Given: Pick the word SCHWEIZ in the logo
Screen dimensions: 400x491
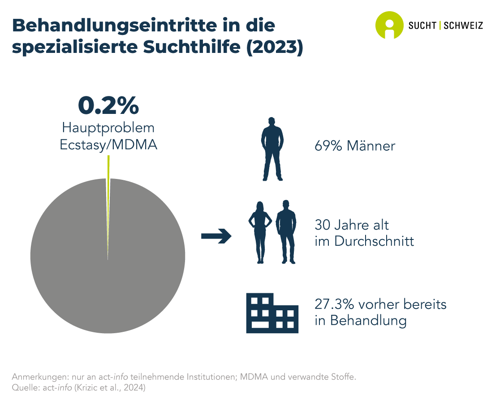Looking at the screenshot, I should pyautogui.click(x=463, y=26).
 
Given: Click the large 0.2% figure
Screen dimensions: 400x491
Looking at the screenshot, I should pyautogui.click(x=108, y=106).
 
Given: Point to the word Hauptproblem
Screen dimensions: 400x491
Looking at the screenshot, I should pyautogui.click(x=108, y=128).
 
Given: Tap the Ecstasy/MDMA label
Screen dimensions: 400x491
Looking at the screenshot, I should pyautogui.click(x=108, y=145).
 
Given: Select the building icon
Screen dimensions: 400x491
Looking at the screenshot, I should pyautogui.click(x=272, y=313).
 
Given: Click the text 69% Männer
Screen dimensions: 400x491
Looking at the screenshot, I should pyautogui.click(x=355, y=146).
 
